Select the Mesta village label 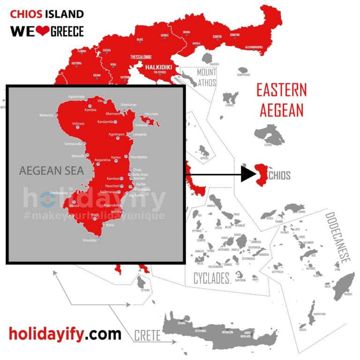[74, 205]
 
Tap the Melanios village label [47, 115]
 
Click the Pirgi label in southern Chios [95, 215]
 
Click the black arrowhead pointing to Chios [247, 174]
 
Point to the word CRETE [147, 336]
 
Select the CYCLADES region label [212, 278]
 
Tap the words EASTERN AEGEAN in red [282, 99]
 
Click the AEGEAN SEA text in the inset [52, 170]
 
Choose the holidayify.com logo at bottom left [65, 334]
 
